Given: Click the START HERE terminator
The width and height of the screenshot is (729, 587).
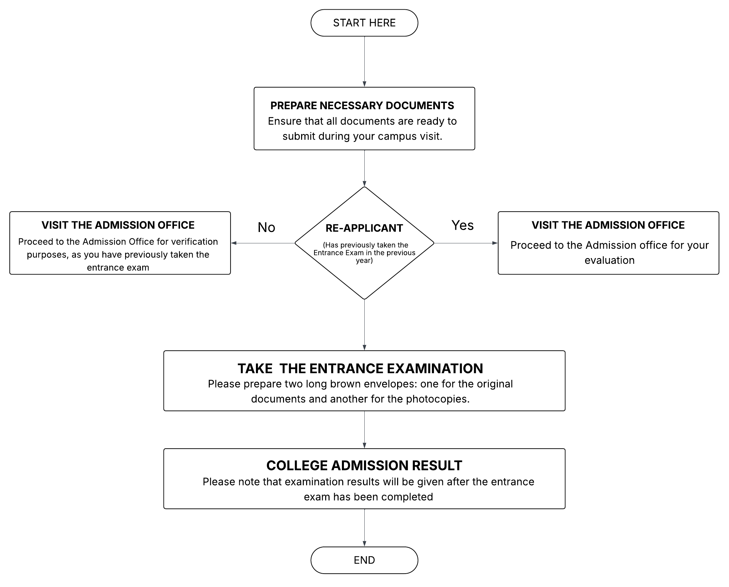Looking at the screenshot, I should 364,23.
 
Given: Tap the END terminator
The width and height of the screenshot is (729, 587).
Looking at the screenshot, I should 364,560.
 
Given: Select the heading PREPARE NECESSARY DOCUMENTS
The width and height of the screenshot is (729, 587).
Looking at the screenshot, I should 362,106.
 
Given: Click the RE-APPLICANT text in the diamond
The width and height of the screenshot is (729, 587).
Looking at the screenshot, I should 364,228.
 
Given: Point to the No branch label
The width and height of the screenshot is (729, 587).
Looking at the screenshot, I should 266,227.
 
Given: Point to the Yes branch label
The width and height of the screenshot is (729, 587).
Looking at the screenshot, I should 462,225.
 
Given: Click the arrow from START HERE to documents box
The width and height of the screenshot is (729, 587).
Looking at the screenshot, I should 365,61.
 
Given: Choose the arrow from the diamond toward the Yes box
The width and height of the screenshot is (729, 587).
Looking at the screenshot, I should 465,243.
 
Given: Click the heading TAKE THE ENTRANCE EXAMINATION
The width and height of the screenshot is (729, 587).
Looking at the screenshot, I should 360,368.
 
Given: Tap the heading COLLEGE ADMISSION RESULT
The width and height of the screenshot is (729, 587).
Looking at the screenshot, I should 364,465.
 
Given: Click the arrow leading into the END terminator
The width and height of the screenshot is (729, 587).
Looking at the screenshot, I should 365,527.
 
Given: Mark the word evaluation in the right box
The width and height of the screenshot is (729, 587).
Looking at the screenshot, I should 609,260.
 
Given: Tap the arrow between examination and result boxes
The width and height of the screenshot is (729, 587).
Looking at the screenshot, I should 365,430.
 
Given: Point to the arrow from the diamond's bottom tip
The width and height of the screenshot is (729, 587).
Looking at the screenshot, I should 365,325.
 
